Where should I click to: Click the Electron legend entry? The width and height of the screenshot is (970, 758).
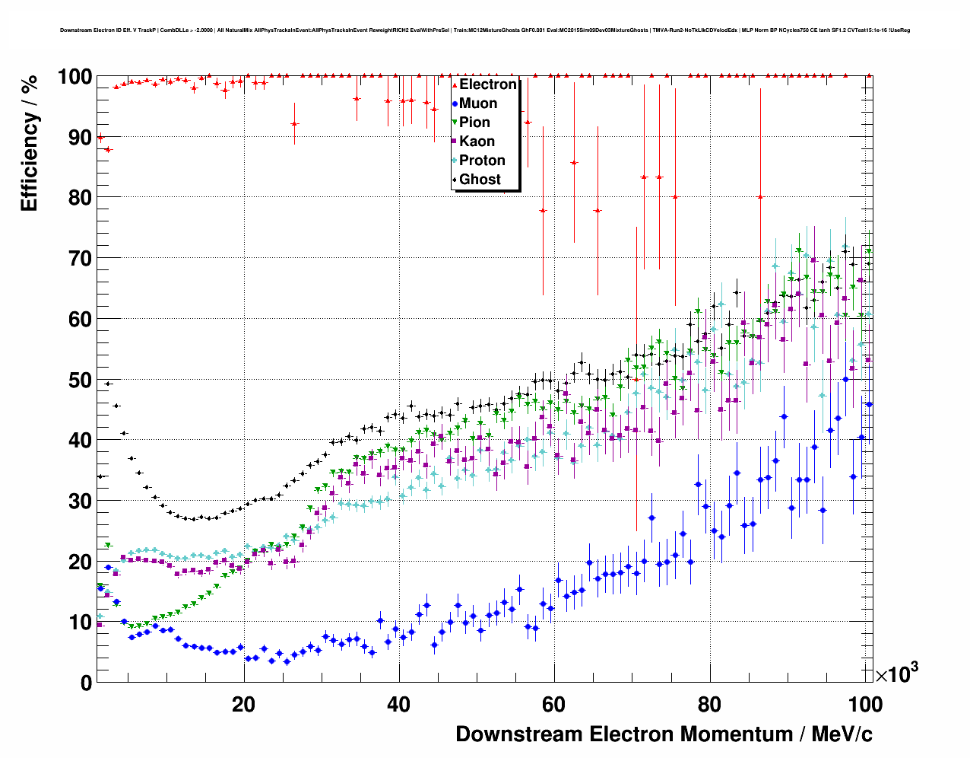click(x=487, y=84)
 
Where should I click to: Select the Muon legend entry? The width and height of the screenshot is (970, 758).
click(x=478, y=104)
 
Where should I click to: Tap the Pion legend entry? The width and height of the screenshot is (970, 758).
click(x=474, y=123)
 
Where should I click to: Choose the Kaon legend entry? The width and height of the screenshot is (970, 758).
click(x=477, y=142)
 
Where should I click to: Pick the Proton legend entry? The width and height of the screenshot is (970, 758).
click(x=482, y=161)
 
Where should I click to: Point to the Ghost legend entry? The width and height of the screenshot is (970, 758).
click(x=480, y=180)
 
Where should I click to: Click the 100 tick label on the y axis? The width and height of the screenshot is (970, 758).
click(x=74, y=77)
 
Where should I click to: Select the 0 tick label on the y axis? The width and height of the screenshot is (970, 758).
click(x=86, y=683)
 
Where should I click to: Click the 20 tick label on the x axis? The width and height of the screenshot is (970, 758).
click(x=243, y=705)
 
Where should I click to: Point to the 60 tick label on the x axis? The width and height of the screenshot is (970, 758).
click(x=554, y=705)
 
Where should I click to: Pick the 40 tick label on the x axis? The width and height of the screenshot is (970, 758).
click(x=399, y=705)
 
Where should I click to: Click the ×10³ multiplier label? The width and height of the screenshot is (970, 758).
click(x=897, y=674)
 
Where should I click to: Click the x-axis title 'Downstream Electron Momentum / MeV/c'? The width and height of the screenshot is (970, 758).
click(x=664, y=734)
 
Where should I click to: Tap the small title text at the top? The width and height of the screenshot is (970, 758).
click(x=484, y=30)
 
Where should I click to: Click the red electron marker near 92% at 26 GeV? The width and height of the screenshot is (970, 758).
click(x=294, y=123)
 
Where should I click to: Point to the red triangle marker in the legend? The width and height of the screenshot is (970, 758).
click(x=455, y=84)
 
